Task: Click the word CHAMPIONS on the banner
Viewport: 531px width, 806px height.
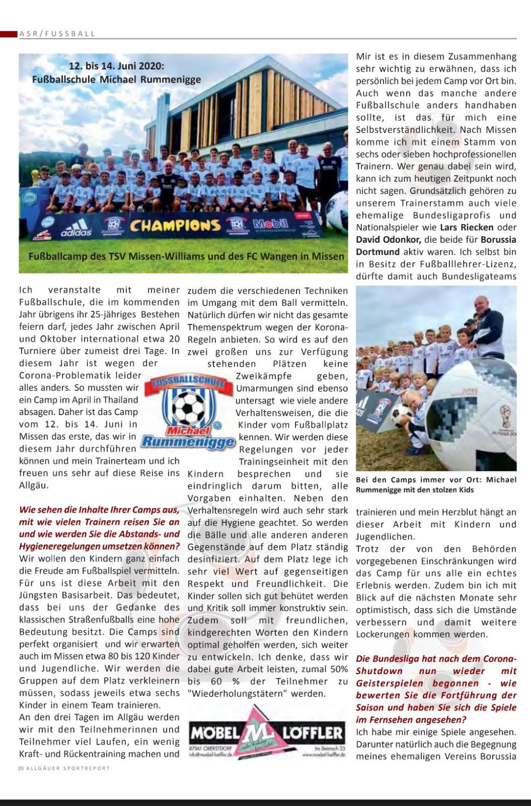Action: point(176,225)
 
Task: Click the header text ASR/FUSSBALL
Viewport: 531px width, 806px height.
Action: point(57,34)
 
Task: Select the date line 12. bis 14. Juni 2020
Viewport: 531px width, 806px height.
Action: point(117,66)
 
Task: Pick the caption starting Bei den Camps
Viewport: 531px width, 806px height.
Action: point(436,484)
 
